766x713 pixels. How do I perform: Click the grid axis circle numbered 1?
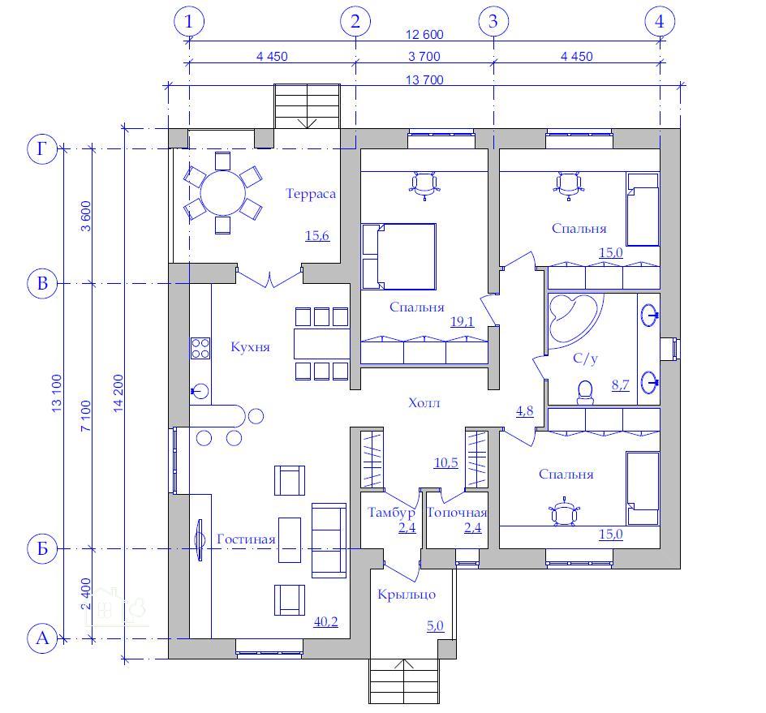(x=188, y=21)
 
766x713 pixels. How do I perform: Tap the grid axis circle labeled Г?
(x=42, y=148)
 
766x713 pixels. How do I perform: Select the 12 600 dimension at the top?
(x=424, y=34)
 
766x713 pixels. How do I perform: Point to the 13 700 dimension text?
(x=424, y=79)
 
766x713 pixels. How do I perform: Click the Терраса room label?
(x=311, y=195)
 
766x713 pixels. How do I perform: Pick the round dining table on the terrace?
(x=223, y=193)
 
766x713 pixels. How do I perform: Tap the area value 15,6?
(x=317, y=235)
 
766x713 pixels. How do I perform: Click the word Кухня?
(x=250, y=347)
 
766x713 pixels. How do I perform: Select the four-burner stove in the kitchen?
(x=200, y=348)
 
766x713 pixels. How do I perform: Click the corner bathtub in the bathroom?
(x=572, y=317)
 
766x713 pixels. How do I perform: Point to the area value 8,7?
(x=620, y=384)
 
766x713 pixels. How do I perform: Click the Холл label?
(x=424, y=403)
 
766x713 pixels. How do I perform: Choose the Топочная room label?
(x=457, y=513)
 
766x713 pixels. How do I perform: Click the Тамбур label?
(x=391, y=513)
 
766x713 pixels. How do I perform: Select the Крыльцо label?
(x=407, y=595)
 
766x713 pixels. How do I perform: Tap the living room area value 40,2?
(x=326, y=621)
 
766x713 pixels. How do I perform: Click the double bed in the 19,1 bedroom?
(x=398, y=256)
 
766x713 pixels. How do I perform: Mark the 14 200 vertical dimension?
(x=118, y=393)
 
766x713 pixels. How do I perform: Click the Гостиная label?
(x=246, y=539)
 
